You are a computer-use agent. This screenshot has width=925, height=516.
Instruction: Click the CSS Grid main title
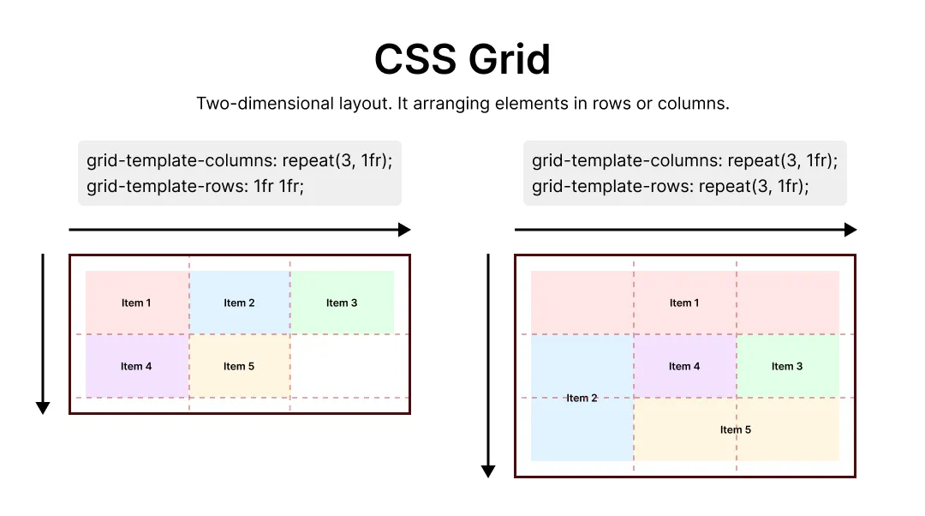click(x=462, y=60)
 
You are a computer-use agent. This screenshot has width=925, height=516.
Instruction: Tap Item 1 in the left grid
click(x=136, y=303)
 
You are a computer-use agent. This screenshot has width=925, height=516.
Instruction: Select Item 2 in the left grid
click(x=239, y=303)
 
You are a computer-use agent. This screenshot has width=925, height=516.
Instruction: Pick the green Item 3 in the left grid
click(x=342, y=303)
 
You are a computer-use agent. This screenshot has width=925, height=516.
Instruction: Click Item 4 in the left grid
click(x=136, y=366)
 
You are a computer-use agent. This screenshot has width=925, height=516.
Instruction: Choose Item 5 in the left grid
click(x=239, y=366)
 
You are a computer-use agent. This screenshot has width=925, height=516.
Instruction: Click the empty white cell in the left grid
click(x=343, y=366)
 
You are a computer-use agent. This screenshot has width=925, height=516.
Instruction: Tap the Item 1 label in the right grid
click(x=684, y=303)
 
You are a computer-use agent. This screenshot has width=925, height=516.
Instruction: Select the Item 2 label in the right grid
click(x=582, y=398)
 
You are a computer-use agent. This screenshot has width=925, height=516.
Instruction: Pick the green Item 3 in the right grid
click(x=787, y=366)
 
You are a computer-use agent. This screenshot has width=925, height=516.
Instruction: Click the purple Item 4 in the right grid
click(x=684, y=366)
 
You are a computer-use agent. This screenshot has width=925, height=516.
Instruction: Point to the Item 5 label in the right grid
click(x=736, y=429)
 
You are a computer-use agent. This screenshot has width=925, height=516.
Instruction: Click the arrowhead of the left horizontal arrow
click(x=405, y=230)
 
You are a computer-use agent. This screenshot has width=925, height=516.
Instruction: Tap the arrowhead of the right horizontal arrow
click(x=850, y=230)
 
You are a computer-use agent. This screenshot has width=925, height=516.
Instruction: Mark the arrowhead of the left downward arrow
click(x=43, y=408)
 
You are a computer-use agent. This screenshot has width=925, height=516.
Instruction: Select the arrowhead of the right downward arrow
click(x=488, y=471)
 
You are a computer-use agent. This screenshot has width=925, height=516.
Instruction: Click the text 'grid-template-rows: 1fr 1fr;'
click(x=195, y=186)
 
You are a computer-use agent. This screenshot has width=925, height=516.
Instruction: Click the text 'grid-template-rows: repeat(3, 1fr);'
click(x=670, y=186)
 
